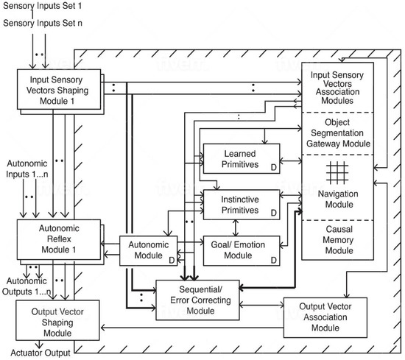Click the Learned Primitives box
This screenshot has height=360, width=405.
(x=242, y=158)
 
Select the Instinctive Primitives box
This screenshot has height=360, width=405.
(x=242, y=205)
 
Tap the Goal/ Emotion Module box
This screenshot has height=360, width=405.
(x=242, y=250)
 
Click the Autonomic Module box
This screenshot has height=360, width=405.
(x=149, y=250)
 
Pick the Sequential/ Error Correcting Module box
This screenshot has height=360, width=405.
(x=197, y=300)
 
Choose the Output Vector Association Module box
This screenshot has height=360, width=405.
(x=325, y=317)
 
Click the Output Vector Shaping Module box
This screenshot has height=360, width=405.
(x=57, y=320)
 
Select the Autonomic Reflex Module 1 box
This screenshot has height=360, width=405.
(x=59, y=239)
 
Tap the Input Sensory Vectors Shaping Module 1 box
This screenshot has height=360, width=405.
(x=59, y=89)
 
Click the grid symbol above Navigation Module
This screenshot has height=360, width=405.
(x=337, y=172)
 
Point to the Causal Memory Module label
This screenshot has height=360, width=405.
(x=339, y=240)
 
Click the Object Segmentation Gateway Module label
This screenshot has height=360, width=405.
(x=338, y=133)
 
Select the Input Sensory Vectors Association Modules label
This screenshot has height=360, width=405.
(x=337, y=88)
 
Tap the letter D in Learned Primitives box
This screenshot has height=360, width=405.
(x=273, y=168)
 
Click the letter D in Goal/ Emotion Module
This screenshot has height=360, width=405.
(x=273, y=260)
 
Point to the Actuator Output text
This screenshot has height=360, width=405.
(x=40, y=353)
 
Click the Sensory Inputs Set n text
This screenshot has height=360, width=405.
(x=43, y=23)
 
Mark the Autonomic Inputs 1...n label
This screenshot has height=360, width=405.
(x=27, y=169)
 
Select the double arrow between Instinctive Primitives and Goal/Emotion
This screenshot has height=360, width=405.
(x=236, y=227)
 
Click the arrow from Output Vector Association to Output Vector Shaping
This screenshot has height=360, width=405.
(x=192, y=328)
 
